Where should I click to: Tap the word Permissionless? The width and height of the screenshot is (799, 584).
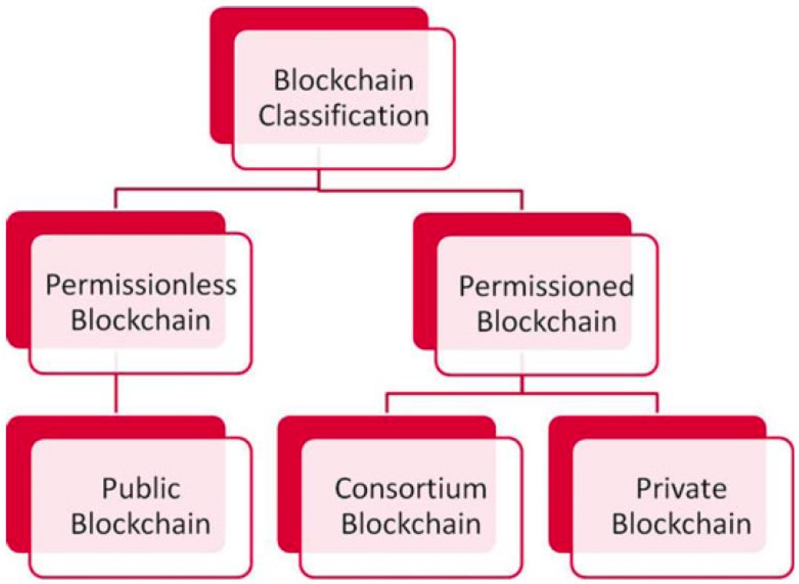tap(141, 285)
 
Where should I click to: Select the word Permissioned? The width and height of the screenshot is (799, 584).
tap(546, 287)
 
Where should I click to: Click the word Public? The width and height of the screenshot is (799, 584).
tap(141, 489)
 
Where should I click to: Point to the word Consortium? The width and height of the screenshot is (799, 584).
tap(410, 489)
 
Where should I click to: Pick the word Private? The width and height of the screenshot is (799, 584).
tap(681, 489)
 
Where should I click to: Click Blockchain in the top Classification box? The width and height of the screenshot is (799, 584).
tap(344, 82)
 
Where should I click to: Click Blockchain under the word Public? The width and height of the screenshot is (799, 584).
tap(141, 524)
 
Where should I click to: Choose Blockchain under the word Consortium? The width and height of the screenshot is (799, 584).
tap(410, 524)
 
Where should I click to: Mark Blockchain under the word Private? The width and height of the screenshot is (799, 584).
tap(681, 524)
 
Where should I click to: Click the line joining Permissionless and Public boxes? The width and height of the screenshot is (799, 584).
tap(116, 394)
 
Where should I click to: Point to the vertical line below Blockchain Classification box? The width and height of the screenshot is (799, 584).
tap(319, 178)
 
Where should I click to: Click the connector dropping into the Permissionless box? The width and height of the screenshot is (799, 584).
tap(116, 200)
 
